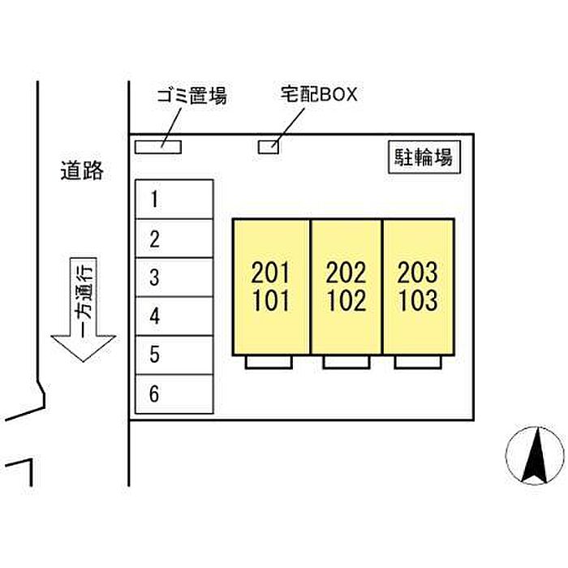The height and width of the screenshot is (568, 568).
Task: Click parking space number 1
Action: pos(174,200)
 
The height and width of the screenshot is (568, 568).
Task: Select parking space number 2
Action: pos(174,239)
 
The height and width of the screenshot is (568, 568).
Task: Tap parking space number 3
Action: pos(174,278)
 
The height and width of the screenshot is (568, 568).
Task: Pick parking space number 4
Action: pos(174,316)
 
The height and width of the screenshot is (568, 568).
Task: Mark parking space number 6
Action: pos(174,395)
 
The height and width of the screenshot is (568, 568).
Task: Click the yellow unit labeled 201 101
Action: pos(271,286)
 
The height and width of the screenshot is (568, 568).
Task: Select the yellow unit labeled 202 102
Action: pos(346,286)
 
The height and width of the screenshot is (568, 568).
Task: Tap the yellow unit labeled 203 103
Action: pos(418,286)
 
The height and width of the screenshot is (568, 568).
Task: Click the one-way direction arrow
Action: pos(84,312)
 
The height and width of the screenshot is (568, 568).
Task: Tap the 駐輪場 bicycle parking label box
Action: pos(422,157)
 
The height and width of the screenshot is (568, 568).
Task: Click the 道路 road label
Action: pos(82,170)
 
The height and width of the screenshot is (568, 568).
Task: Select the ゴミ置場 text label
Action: pos(191,97)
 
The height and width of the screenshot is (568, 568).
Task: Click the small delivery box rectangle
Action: pos(269,147)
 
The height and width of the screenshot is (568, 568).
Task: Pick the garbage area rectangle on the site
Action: pos(157,147)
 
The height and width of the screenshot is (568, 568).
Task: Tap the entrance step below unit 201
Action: pos(269,363)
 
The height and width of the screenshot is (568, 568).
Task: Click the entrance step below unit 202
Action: pos(346,363)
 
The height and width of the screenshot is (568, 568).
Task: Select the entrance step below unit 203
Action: pos(417,363)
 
